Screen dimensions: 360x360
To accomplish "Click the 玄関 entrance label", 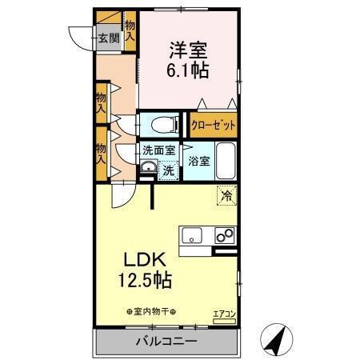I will (x=108, y=37).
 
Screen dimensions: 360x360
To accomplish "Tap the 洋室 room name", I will (x=188, y=48).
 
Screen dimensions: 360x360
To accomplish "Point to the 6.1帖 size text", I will (x=189, y=70).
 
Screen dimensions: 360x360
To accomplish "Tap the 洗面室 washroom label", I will (x=158, y=149).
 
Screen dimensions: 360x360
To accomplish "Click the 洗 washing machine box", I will (x=168, y=170).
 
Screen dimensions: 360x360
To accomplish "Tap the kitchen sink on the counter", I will (x=193, y=235).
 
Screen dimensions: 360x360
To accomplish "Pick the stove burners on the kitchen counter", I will (x=225, y=235).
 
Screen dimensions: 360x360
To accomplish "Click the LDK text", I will (x=145, y=261).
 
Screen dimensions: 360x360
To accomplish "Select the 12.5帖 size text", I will (x=145, y=282).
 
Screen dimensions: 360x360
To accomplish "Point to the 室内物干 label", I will (x=152, y=311).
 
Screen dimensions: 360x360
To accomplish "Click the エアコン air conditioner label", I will (x=223, y=313).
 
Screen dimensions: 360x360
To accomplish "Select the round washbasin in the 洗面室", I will (x=148, y=168).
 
